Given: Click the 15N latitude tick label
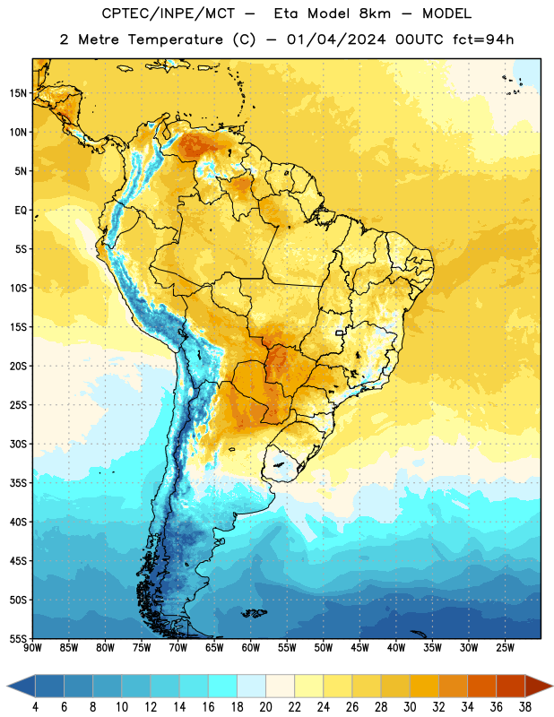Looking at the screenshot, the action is (18, 93).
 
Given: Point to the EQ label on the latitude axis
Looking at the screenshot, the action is (21, 211).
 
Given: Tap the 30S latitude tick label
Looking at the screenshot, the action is (18, 444).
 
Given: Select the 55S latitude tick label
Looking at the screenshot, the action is (18, 639).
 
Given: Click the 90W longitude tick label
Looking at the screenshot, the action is (32, 648).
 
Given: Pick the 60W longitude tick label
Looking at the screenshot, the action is (251, 648).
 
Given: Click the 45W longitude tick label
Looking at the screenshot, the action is (359, 648).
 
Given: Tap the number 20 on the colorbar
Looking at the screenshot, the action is (265, 707).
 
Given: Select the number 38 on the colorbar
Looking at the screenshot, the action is (524, 707).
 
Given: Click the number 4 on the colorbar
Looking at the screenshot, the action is (36, 707).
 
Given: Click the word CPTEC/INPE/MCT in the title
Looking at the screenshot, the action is (168, 13).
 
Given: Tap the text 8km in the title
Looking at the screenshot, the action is (375, 13).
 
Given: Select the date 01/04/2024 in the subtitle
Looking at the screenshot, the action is (336, 39).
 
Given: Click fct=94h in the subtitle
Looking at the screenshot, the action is (483, 39).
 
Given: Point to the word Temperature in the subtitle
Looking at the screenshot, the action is (175, 39).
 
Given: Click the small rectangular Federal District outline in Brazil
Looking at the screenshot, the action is (340, 333).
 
